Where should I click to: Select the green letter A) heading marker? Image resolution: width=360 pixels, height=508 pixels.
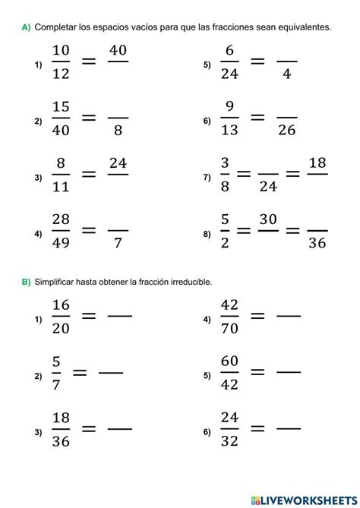coord(26,27)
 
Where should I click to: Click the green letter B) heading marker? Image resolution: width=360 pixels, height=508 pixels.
coord(26,282)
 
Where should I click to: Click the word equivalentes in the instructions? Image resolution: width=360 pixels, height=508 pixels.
coord(305,27)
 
